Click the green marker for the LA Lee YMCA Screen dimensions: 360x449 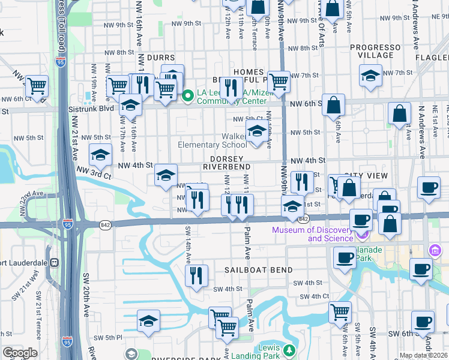[187, 95]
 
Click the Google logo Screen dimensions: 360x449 [20, 353]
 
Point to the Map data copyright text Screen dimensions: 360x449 [423, 355]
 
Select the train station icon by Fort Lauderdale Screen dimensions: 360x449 [53, 262]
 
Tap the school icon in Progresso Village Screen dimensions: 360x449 [371, 76]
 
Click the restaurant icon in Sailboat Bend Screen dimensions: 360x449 [196, 275]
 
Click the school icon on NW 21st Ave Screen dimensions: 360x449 [101, 155]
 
